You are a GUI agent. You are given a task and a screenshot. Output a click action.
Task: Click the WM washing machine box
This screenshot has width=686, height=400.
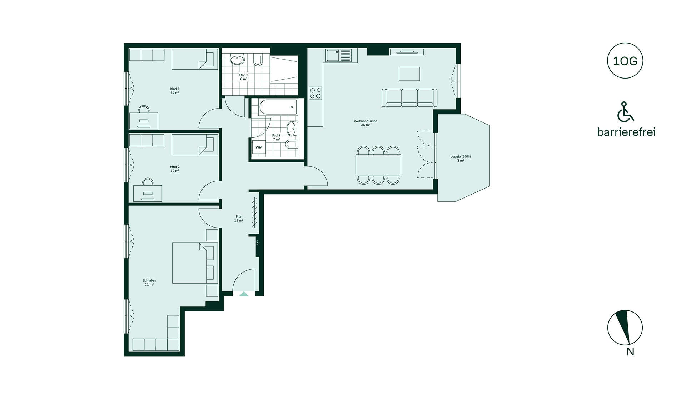click(259, 147)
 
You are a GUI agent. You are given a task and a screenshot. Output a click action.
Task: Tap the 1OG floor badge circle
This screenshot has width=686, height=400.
click(625, 61)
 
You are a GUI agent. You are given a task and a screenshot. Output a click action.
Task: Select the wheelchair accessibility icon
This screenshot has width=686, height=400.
click(625, 112)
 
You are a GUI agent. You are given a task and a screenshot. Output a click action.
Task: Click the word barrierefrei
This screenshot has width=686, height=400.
click(626, 132)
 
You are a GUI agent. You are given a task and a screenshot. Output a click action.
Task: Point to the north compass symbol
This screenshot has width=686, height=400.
click(625, 327)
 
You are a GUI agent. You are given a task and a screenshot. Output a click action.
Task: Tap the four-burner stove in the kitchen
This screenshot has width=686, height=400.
click(315, 94)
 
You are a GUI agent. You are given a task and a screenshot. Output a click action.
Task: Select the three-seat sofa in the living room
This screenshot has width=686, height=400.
click(409, 97)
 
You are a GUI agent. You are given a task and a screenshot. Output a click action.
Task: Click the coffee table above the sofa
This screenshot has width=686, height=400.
click(409, 74)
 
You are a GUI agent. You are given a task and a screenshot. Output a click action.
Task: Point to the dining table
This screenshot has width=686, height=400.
click(378, 165)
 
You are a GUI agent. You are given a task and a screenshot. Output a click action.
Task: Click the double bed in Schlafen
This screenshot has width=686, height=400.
click(195, 263)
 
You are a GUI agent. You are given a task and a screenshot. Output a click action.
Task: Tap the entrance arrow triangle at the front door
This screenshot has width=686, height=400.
click(244, 294)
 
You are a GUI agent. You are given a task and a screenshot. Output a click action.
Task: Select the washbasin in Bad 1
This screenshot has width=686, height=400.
click(237, 59)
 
